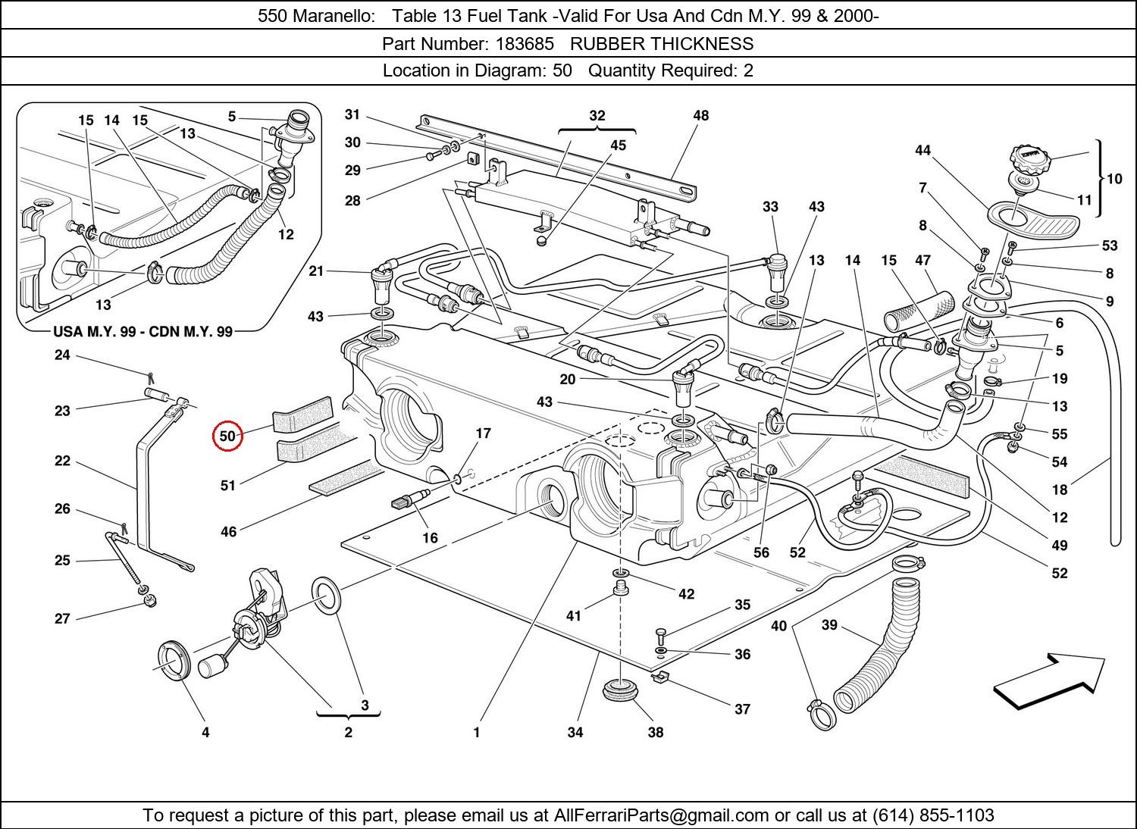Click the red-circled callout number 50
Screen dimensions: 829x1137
227,436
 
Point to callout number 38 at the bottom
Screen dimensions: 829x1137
656,732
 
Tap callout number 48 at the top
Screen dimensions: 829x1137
701,115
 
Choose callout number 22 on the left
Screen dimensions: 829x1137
62,461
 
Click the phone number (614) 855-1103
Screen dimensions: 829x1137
933,815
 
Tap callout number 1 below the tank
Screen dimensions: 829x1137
477,732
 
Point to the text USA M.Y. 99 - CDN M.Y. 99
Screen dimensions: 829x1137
143,331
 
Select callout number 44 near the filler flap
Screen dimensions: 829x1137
922,150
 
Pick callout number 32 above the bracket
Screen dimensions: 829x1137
597,115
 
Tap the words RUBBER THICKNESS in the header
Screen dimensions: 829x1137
662,44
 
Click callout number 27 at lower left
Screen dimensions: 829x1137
62,618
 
